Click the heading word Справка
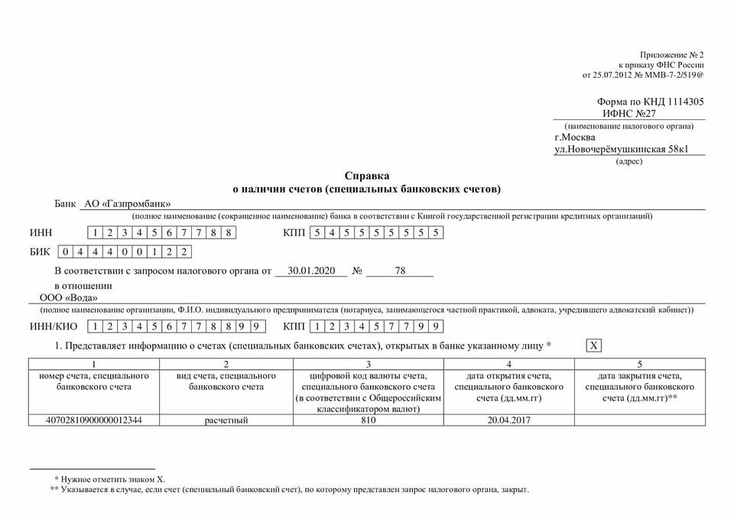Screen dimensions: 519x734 [366, 175]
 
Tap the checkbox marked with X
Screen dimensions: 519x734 [593, 346]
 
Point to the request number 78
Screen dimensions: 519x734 [400, 271]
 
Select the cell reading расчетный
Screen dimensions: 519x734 [226, 420]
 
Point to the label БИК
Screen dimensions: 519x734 [40, 251]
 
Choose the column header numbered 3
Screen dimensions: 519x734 [369, 365]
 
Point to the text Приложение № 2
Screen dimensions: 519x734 [671, 56]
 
